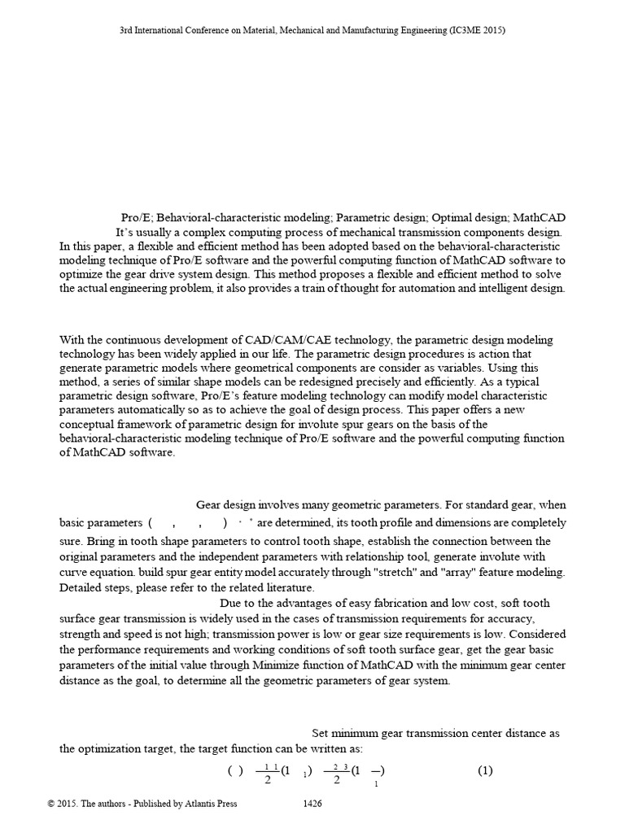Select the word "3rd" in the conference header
coord(126,30)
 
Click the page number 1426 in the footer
coord(312,804)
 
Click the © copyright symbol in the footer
coord(51,804)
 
